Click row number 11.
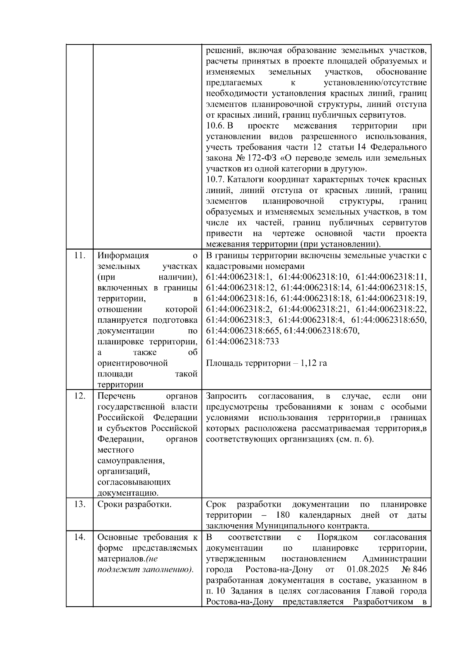[x=79, y=255]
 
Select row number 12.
[x=79, y=396]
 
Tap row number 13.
[x=79, y=505]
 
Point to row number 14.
[x=79, y=537]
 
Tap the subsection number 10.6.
[x=215, y=126]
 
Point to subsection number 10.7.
[x=215, y=180]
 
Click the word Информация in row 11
[x=123, y=255]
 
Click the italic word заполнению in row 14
[x=167, y=570]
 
